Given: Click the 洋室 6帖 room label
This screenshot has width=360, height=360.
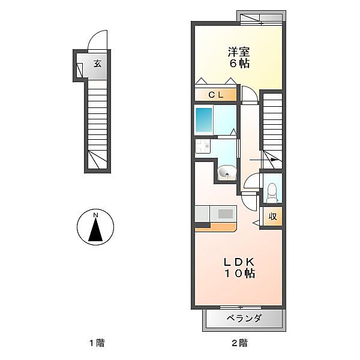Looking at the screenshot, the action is [239, 58].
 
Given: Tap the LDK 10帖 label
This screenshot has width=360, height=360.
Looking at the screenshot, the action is [239, 268].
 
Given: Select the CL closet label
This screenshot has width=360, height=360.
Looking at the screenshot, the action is [216, 95].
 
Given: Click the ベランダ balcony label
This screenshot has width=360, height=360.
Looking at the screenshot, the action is [244, 318].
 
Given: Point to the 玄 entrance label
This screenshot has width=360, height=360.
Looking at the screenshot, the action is [98, 64].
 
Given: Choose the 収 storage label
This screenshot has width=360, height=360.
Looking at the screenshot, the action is [273, 216].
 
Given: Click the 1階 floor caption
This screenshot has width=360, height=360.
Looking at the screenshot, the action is [97, 343].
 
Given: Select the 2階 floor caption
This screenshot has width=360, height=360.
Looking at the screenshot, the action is [239, 343].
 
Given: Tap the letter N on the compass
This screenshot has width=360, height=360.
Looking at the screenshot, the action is [95, 215].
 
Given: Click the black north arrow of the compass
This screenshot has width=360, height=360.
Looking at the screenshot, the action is [95, 229].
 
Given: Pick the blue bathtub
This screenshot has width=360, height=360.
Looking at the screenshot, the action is [204, 119].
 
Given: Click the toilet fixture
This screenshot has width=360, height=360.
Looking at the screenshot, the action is [272, 192].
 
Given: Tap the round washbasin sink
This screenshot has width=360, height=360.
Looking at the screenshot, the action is [227, 172].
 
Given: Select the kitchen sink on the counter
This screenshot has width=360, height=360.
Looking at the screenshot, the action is [225, 214].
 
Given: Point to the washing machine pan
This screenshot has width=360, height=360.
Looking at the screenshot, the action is [203, 146].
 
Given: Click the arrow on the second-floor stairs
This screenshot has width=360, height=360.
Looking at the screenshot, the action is [263, 160].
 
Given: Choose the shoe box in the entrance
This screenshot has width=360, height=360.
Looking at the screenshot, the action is [79, 70].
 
